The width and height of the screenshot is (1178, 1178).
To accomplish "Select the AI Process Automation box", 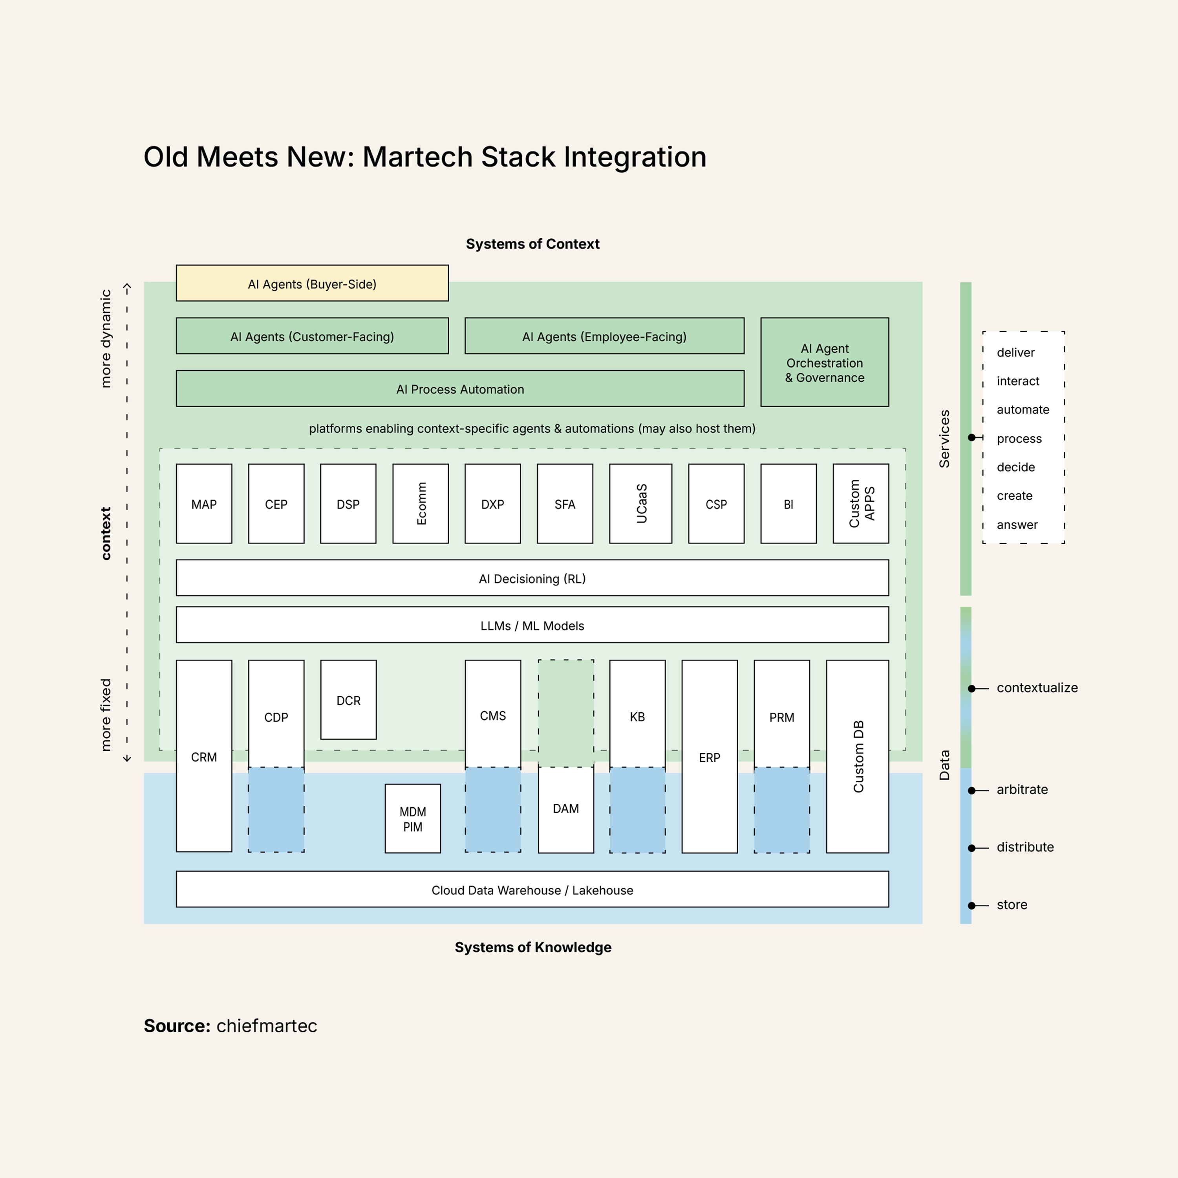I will (x=460, y=389).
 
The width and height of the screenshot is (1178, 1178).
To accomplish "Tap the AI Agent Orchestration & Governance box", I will (x=824, y=363).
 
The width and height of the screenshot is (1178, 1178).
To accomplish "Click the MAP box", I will (x=204, y=504).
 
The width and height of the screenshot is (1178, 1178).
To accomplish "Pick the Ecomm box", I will (x=421, y=504).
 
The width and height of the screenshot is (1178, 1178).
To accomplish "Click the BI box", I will (x=788, y=504).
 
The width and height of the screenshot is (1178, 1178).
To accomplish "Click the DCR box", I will (x=348, y=701).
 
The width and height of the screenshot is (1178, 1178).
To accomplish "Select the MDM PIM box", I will (x=413, y=819).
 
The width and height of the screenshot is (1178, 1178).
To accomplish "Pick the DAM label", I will (x=566, y=809).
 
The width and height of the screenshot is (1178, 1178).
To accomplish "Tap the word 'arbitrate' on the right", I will (x=1022, y=790).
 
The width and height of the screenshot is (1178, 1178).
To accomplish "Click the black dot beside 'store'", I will (x=971, y=905).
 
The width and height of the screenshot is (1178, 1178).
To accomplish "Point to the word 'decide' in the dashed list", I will (x=1016, y=467).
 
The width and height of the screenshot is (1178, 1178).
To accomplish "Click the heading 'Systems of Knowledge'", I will (x=533, y=947).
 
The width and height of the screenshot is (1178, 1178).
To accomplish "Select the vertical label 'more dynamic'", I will (x=106, y=338).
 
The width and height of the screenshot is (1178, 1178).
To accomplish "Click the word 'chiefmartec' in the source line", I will (x=267, y=1026).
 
